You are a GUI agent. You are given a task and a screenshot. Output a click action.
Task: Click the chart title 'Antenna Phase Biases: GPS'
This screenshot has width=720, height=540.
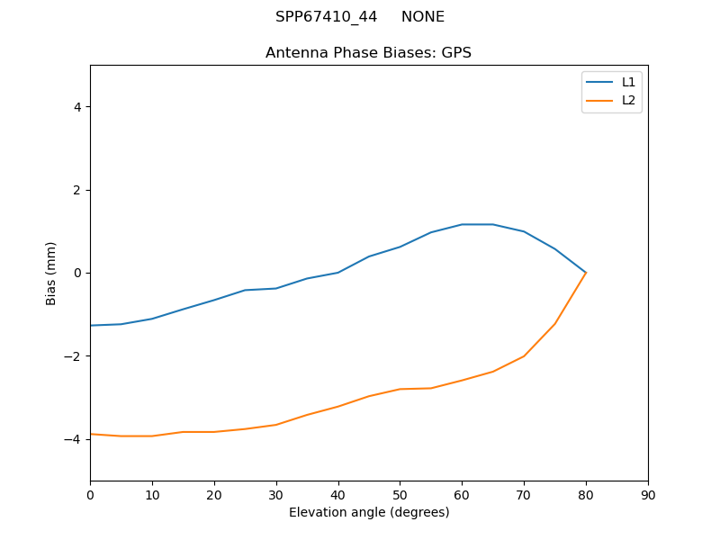click(x=368, y=53)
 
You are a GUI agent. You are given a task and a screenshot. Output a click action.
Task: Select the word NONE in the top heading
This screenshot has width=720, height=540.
click(x=423, y=17)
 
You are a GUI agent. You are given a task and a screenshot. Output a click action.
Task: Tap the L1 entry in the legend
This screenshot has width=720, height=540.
click(x=628, y=82)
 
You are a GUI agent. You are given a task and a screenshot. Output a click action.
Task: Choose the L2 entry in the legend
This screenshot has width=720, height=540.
click(x=628, y=100)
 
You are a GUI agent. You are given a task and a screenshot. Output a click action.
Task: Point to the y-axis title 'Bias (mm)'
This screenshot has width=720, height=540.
click(x=52, y=273)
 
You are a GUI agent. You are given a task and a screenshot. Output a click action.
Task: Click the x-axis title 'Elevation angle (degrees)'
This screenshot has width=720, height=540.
click(x=369, y=513)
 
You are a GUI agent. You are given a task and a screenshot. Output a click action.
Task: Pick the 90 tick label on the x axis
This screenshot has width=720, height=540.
click(x=648, y=494)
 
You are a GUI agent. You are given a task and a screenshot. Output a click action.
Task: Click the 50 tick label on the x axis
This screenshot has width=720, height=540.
click(x=400, y=494)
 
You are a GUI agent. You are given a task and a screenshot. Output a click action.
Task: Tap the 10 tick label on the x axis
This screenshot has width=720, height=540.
click(x=152, y=494)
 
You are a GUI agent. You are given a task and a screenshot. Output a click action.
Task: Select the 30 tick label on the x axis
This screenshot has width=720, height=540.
click(x=276, y=494)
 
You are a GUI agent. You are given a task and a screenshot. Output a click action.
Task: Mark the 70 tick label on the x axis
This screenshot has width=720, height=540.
click(x=524, y=494)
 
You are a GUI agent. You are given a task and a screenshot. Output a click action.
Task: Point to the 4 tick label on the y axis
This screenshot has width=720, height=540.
click(x=77, y=107)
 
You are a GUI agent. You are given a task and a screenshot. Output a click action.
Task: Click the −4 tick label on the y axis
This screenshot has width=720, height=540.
click(x=74, y=439)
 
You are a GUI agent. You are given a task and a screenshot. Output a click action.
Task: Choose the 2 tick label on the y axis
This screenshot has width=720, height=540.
click(x=77, y=190)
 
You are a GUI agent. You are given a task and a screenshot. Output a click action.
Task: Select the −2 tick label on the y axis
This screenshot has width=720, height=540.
click(x=74, y=356)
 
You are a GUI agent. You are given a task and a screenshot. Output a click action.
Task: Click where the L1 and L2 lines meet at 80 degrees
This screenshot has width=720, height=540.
click(x=586, y=273)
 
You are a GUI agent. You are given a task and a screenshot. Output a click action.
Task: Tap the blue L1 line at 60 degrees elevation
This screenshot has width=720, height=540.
click(x=462, y=224)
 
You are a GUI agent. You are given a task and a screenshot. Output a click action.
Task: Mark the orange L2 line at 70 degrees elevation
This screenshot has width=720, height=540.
click(x=524, y=355)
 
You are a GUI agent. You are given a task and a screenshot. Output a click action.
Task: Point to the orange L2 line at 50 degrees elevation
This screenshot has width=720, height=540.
click(x=400, y=389)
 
